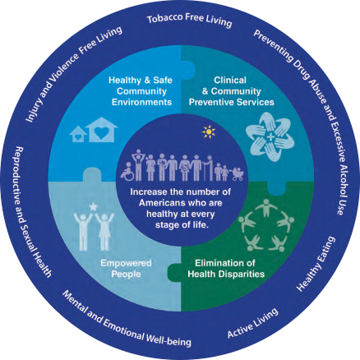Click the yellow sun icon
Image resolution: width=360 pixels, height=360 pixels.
tap(209, 132)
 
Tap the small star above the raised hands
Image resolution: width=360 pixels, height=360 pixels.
tap(93, 206)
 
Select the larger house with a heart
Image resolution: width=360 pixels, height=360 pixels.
tap(101, 130)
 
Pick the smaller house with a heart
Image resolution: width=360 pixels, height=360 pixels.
tap(78, 134)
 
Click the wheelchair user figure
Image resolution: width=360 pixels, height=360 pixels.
tap(127, 172)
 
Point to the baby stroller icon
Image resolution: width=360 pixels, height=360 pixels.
tap(238, 174)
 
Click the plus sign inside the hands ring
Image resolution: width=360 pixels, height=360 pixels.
tap(270, 137)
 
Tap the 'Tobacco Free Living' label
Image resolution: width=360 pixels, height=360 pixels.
tap(190, 20)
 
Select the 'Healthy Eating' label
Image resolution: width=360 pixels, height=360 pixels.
tap(316, 264)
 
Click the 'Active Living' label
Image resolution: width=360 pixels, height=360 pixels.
tap(252, 323)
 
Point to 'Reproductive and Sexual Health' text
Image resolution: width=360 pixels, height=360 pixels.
tap(33, 212)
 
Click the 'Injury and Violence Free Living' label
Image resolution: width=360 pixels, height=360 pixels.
tap(73, 74)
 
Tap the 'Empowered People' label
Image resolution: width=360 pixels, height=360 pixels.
tap(126, 269)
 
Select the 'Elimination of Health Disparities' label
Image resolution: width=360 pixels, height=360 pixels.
tap(226, 269)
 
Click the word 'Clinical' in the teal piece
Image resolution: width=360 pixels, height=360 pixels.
tap(230, 80)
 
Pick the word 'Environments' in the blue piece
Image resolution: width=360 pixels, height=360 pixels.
tap(141, 102)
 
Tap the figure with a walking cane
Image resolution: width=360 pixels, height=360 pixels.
tap(208, 168)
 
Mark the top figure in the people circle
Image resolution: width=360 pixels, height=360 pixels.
tap(266, 207)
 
